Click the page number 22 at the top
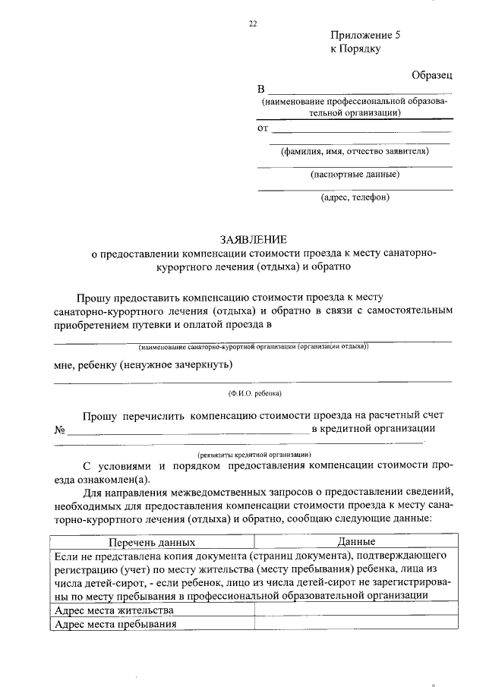[x=253, y=24]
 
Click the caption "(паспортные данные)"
[x=355, y=174]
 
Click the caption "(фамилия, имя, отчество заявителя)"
[x=355, y=150]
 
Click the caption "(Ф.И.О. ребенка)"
[x=254, y=393]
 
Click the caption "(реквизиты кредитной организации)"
[x=254, y=452]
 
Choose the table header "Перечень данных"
[x=152, y=543]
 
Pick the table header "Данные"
[x=355, y=543]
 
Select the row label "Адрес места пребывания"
[x=116, y=624]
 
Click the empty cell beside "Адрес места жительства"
[x=355, y=610]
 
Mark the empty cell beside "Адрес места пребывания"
[x=355, y=624]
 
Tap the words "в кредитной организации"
[x=374, y=428]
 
